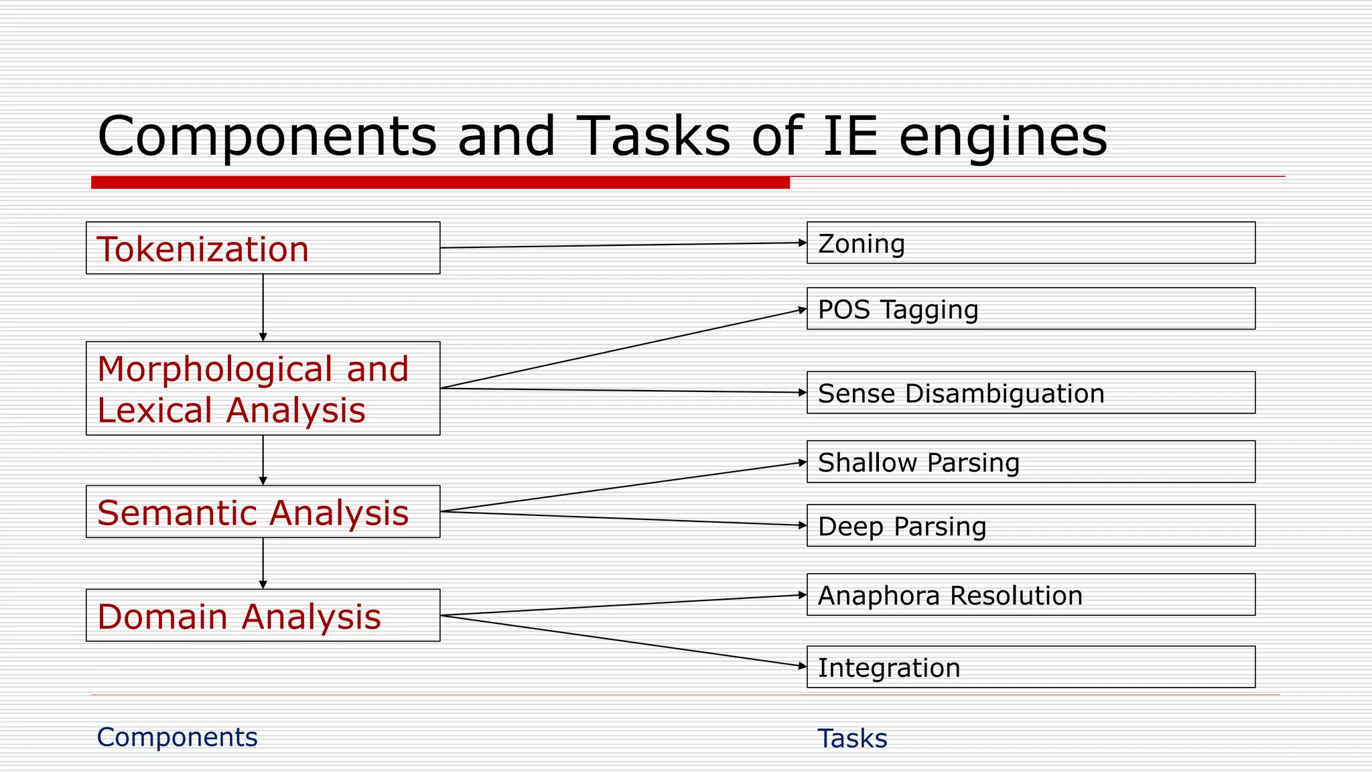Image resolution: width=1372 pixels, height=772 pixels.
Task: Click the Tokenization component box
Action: [263, 248]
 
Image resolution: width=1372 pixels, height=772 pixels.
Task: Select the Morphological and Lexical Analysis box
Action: [263, 389]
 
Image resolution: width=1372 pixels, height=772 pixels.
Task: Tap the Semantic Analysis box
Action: [263, 512]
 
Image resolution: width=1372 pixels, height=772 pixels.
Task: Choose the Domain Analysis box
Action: [263, 615]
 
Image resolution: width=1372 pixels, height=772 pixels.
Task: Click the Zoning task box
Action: [1030, 243]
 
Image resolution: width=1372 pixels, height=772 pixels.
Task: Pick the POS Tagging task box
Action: [1030, 309]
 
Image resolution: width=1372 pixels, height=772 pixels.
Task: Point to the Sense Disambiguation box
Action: [1030, 393]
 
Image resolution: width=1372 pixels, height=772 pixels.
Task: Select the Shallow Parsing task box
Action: [1030, 462]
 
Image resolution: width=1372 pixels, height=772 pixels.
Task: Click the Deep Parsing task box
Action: [1030, 525]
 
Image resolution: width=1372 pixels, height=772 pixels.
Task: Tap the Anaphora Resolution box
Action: [1030, 594]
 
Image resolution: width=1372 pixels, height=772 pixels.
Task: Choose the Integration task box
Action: [1030, 667]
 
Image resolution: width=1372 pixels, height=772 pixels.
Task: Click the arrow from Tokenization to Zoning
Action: [623, 245]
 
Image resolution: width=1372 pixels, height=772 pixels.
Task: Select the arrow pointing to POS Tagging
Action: [623, 349]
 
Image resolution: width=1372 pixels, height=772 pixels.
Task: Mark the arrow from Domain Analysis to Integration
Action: [623, 641]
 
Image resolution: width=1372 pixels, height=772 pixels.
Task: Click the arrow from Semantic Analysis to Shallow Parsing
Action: [623, 487]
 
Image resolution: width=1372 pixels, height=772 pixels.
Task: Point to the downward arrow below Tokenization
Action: [263, 308]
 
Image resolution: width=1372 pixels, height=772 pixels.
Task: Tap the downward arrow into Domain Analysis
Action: [263, 563]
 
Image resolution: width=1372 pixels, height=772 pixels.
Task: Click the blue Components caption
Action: [177, 737]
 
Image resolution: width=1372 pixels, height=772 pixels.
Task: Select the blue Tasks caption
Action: [852, 738]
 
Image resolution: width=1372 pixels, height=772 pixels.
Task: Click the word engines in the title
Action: [1002, 137]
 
